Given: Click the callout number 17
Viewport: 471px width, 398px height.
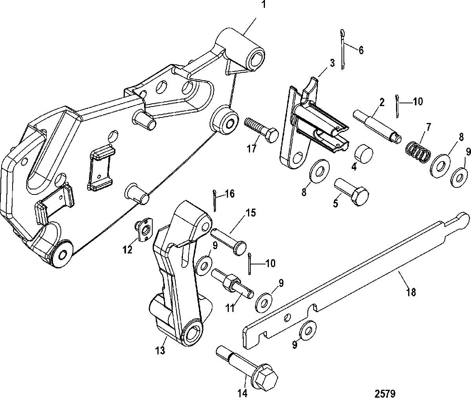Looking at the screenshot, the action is tap(252, 149).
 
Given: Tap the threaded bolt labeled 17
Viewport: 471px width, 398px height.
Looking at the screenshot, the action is tap(261, 130).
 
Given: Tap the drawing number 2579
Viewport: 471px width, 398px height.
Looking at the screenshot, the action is tap(385, 393).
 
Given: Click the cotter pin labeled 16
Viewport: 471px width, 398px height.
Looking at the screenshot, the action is tap(215, 201).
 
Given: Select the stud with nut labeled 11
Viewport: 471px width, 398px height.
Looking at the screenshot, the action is tap(232, 284).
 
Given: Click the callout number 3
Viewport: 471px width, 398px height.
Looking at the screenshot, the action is tap(332, 63).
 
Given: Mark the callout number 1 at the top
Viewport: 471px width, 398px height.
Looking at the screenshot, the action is tap(263, 4).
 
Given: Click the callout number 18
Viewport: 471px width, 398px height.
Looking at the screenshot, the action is tap(411, 292).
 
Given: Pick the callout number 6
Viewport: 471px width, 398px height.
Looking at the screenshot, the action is tap(361, 50).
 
